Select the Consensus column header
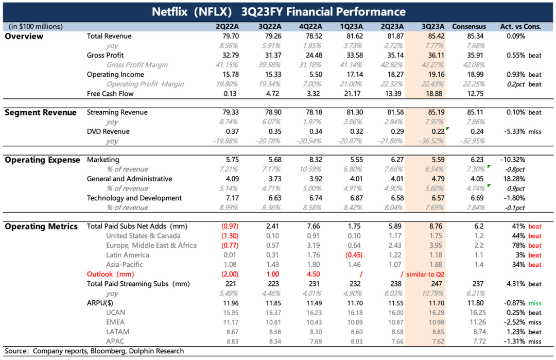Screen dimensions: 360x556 [468, 26]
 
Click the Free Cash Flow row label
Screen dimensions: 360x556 [110, 93]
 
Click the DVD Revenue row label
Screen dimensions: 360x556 [108, 131]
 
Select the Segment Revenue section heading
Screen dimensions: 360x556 [41, 112]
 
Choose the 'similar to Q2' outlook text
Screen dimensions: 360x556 [425, 275]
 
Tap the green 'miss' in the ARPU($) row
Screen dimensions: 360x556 [535, 303]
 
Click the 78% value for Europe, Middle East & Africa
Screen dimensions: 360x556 [518, 245]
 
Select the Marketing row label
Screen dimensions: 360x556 [103, 160]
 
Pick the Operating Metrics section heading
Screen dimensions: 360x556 [41, 226]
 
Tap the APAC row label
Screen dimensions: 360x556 [116, 341]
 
